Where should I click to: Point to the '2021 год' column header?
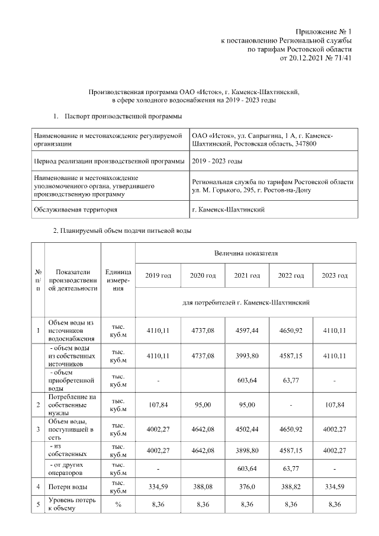click(247, 276)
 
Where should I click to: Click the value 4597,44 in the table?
click(247, 330)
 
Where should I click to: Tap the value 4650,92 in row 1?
click(291, 330)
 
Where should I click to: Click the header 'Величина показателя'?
click(246, 253)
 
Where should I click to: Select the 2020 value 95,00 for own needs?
click(203, 405)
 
